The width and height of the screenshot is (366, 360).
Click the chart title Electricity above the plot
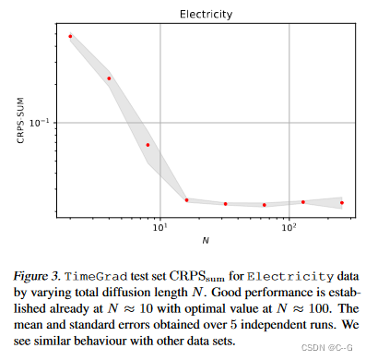tap(206, 14)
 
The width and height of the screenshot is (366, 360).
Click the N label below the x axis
tap(206, 241)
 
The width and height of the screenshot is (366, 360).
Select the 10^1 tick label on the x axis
tap(160, 225)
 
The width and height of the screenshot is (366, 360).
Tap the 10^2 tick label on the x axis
tap(289, 225)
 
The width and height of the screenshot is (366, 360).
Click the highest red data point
tap(70, 36)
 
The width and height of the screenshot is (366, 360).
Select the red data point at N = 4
tap(109, 78)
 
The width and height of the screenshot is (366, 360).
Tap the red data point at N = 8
tap(148, 145)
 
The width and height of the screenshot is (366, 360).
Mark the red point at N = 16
tap(186, 199)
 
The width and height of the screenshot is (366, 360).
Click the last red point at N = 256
tap(342, 202)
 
